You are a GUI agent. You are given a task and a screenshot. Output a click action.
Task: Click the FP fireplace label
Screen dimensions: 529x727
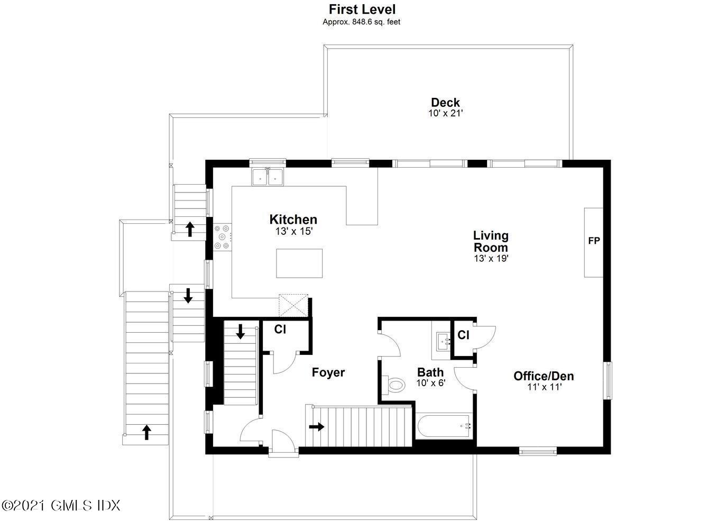[594, 241]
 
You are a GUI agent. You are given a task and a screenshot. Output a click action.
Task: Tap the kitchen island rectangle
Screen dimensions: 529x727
[300, 263]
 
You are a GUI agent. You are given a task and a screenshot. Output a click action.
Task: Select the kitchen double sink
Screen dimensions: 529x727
[268, 177]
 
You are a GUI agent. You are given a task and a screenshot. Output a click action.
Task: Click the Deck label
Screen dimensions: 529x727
[445, 103]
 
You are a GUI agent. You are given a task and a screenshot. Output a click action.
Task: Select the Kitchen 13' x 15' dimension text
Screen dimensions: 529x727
[293, 231]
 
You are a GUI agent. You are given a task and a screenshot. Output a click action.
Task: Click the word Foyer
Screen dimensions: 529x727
[328, 372]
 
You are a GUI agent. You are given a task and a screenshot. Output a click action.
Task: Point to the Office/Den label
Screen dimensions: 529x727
[544, 376]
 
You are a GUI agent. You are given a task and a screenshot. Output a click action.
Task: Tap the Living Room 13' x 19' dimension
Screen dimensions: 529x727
[491, 259]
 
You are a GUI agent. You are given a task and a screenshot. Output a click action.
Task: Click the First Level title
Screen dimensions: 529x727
[362, 9]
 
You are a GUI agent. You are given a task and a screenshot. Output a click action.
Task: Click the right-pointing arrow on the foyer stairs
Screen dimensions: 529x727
[317, 426]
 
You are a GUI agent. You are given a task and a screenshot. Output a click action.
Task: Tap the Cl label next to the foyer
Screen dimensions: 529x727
[280, 329]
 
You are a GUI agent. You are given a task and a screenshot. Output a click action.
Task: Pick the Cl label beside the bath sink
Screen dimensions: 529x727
[463, 335]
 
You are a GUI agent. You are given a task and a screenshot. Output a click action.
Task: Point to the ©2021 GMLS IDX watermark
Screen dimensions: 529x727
[61, 505]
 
